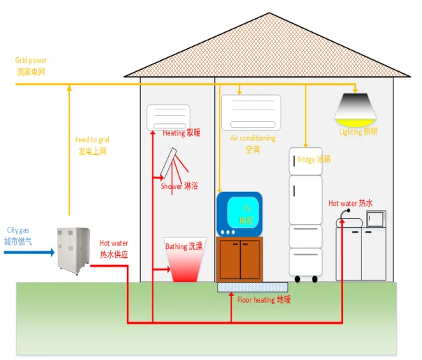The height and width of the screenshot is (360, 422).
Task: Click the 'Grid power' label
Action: (31, 61)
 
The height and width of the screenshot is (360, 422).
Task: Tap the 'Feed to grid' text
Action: (92, 140)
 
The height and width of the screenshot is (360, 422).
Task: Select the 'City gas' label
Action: (17, 230)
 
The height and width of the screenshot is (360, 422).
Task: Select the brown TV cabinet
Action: (239, 258)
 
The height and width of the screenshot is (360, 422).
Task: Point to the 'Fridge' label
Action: (306, 159)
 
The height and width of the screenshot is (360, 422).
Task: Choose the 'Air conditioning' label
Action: (253, 138)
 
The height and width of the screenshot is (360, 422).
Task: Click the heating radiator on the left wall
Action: (168, 116)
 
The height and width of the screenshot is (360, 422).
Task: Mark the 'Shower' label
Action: (171, 186)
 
